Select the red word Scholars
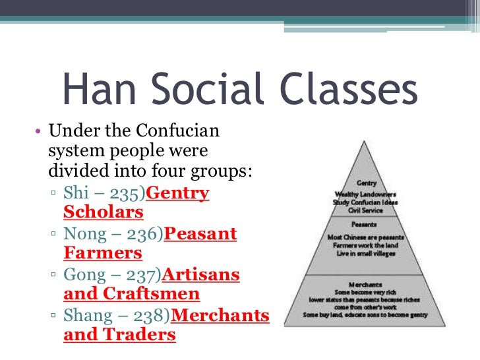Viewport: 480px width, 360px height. coord(103,212)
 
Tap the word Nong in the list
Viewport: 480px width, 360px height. coord(84,234)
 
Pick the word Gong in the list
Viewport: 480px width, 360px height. coord(84,275)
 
